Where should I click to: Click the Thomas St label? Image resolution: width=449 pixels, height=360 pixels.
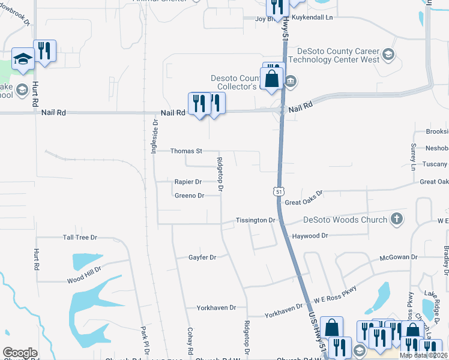click(x=187, y=151)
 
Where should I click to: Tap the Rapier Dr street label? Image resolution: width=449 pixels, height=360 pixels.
click(x=188, y=181)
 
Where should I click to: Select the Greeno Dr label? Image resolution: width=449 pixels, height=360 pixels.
click(x=189, y=196)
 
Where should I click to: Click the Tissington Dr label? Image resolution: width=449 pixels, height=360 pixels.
click(x=255, y=220)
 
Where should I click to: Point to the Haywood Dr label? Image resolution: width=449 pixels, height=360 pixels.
click(x=310, y=236)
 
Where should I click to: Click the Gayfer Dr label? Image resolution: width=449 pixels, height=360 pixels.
click(x=202, y=257)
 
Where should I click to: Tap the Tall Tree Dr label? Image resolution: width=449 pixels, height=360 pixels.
click(x=80, y=238)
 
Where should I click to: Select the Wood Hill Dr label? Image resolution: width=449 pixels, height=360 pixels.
click(x=84, y=279)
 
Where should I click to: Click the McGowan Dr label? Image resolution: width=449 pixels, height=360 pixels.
click(x=398, y=257)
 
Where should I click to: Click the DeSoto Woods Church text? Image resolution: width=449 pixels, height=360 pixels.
click(x=345, y=220)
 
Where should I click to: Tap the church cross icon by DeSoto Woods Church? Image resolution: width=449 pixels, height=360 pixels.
click(x=396, y=219)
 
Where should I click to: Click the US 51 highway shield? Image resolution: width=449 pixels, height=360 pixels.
click(x=277, y=191)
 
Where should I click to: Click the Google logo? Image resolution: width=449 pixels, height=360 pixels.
click(x=20, y=353)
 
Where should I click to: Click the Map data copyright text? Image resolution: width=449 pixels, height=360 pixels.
click(x=424, y=355)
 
